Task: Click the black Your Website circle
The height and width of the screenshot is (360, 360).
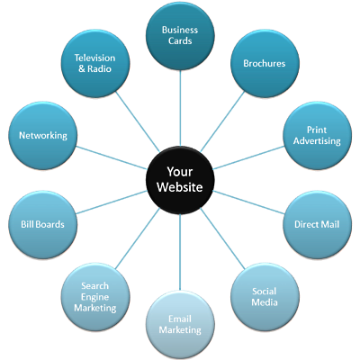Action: [x=180, y=180]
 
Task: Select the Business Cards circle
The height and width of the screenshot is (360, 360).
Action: [x=180, y=36]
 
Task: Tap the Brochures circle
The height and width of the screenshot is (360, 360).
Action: [x=265, y=64]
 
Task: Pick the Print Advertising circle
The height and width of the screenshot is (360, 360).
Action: [x=317, y=136]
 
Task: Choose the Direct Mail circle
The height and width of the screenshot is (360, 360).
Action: [x=317, y=224]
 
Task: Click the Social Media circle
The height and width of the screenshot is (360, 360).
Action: [x=265, y=297]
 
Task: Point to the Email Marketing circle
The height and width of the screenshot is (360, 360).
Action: [x=180, y=325]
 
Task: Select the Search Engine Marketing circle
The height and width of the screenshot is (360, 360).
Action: [x=95, y=297]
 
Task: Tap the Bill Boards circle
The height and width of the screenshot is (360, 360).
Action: [x=42, y=224]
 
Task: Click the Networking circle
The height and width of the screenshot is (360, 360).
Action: [x=42, y=136]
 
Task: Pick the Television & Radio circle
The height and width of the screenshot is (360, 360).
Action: [x=95, y=64]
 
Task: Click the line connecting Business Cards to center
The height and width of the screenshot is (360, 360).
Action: [x=180, y=108]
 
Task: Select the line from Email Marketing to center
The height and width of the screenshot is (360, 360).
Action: [x=180, y=252]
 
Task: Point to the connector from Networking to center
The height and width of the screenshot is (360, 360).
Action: [x=112, y=157]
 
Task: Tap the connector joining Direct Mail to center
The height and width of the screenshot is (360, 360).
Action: [x=248, y=202]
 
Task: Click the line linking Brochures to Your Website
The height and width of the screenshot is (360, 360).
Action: [x=222, y=121]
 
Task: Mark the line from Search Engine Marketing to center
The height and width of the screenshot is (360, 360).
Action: [x=138, y=238]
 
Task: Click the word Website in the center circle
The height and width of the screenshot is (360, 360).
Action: [x=180, y=187]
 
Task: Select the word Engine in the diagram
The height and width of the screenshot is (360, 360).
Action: [x=94, y=297]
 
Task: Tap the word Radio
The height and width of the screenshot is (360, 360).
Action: [x=99, y=68]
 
